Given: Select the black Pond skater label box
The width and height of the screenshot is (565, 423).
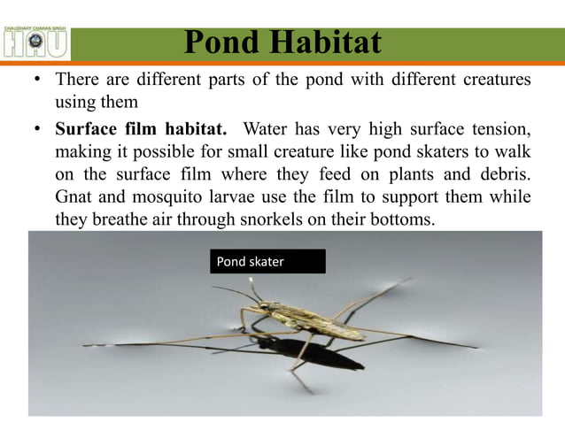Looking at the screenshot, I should pos(267,261).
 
